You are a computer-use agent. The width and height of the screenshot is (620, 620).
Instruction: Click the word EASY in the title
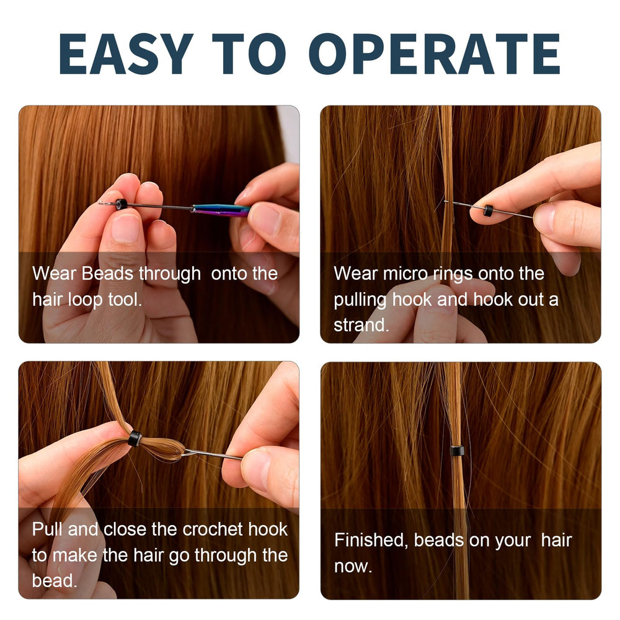click(x=126, y=54)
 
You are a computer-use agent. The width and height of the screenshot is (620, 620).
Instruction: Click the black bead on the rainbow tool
click(x=122, y=205)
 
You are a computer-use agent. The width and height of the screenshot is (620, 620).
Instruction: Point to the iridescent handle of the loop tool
click(x=221, y=210)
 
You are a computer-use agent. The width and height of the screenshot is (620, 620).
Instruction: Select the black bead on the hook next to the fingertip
click(x=489, y=210)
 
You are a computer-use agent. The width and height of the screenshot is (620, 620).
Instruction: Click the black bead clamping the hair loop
click(x=135, y=439)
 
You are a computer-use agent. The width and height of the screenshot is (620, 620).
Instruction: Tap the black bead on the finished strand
click(x=458, y=450)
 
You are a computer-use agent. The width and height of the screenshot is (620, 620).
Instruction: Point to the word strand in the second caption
click(x=361, y=325)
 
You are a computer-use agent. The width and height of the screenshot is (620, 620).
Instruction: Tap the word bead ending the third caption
click(x=54, y=580)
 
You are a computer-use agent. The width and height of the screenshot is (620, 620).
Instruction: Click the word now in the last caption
click(x=353, y=566)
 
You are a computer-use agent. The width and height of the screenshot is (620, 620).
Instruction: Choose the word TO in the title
click(x=249, y=54)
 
